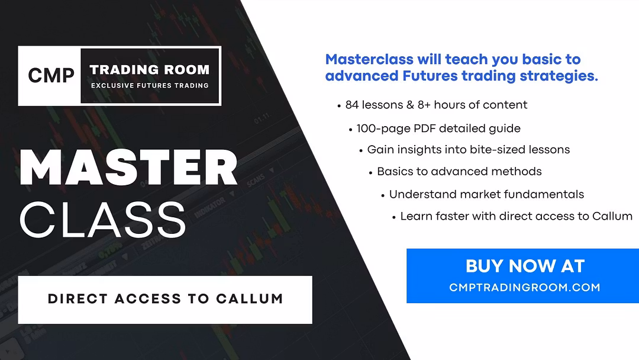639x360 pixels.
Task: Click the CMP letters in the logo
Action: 51,75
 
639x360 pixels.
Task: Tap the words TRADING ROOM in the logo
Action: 150,70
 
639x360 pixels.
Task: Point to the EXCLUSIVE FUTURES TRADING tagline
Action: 150,86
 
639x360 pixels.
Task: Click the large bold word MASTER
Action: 128,168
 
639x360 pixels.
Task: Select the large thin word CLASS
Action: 103,220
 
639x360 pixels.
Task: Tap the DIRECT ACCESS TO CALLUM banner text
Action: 165,299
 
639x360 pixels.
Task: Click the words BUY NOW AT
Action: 525,266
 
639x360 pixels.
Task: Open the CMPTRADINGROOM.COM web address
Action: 525,287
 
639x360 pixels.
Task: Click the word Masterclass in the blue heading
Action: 369,60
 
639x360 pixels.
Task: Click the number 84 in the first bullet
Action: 352,105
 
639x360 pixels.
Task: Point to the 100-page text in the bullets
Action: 383,129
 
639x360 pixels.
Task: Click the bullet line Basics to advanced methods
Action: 459,172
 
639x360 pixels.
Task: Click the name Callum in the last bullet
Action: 612,216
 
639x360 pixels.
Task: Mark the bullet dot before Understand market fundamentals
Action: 383,196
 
